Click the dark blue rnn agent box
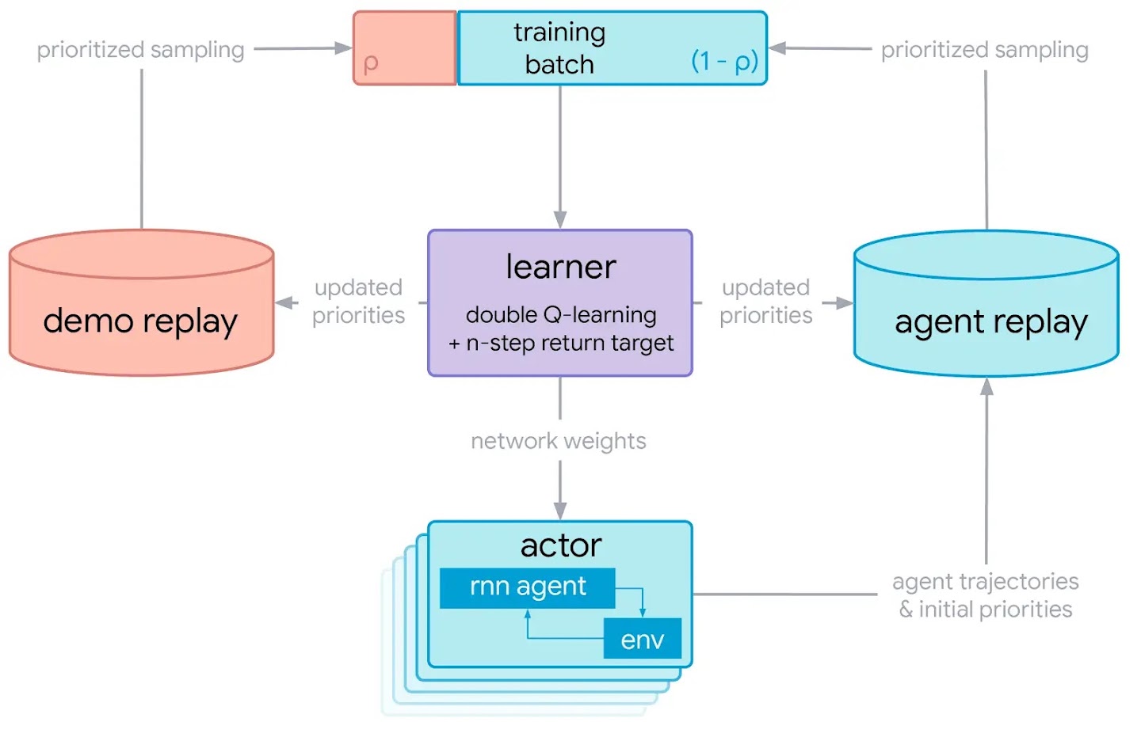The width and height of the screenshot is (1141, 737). pyautogui.click(x=527, y=587)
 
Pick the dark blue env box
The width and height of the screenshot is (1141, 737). pyautogui.click(x=642, y=639)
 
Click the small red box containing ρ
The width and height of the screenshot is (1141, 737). pyautogui.click(x=405, y=48)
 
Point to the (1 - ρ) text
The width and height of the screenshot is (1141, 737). pyautogui.click(x=724, y=60)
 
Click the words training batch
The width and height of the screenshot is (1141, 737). pyautogui.click(x=559, y=47)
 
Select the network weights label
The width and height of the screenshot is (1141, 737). pyautogui.click(x=559, y=441)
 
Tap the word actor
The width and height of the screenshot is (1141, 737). pyautogui.click(x=560, y=545)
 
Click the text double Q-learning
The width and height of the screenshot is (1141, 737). pyautogui.click(x=560, y=315)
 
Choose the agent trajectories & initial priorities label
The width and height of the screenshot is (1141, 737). pyautogui.click(x=985, y=595)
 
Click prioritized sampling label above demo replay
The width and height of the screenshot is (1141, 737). pyautogui.click(x=140, y=50)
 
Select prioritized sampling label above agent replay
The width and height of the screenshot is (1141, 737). pyautogui.click(x=984, y=50)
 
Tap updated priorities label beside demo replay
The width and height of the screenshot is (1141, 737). pyautogui.click(x=358, y=302)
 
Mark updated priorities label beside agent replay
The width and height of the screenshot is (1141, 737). pyautogui.click(x=765, y=302)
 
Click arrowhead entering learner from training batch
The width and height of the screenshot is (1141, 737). pyautogui.click(x=560, y=221)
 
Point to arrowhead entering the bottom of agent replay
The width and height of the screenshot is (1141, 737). pyautogui.click(x=986, y=386)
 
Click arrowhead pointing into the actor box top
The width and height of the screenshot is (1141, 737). pyautogui.click(x=560, y=511)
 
